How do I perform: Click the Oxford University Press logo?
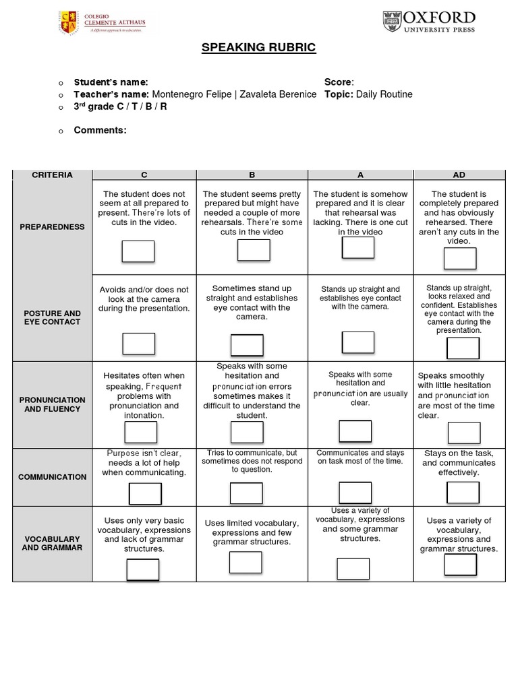pos(429,22)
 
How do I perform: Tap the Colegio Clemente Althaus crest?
pos(69,22)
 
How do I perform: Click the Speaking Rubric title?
pos(259,48)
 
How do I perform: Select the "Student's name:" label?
pos(111,82)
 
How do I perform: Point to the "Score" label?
pos(338,82)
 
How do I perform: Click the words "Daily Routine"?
pos(384,94)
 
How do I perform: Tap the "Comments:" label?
pos(100,130)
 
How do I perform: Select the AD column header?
pos(459,175)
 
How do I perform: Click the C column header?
pos(144,175)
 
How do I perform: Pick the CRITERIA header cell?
pos(52,175)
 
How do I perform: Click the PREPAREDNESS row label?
pos(52,227)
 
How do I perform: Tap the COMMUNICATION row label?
pos(52,477)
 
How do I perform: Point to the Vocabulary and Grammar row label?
pos(52,543)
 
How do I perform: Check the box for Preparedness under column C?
pos(138,251)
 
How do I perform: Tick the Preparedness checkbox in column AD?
pos(459,258)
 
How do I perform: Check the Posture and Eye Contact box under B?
pos(247,344)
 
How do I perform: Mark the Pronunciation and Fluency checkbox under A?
pos(355,431)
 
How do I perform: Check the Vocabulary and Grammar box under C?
pos(143,569)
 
